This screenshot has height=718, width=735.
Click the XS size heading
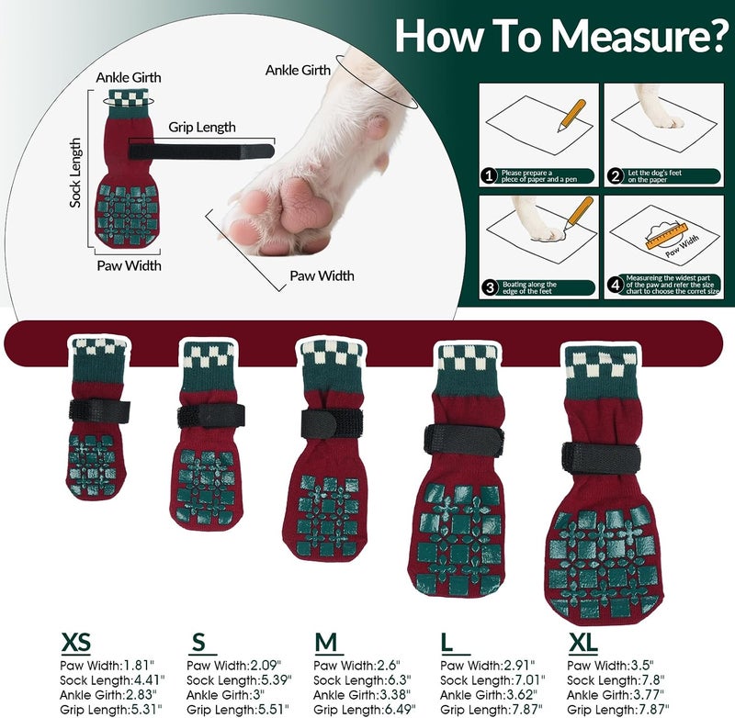76,643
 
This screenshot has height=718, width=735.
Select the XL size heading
583,643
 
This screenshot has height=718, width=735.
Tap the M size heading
326,643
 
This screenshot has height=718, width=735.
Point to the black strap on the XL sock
602,457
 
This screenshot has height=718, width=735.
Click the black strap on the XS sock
99,411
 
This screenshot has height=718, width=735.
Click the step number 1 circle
490,176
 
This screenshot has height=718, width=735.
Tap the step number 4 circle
616,284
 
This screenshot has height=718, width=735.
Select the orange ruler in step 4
666,237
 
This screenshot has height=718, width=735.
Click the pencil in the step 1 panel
571,116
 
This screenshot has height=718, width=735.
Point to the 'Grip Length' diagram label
202,127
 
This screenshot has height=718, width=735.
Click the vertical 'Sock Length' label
75,173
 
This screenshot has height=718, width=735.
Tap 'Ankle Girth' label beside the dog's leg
298,71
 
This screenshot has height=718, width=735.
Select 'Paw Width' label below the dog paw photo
322,275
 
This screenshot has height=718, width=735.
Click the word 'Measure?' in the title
638,35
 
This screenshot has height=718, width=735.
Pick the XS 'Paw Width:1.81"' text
107,665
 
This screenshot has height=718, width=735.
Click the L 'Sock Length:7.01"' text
492,680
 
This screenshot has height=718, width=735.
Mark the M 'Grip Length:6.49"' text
365,710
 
